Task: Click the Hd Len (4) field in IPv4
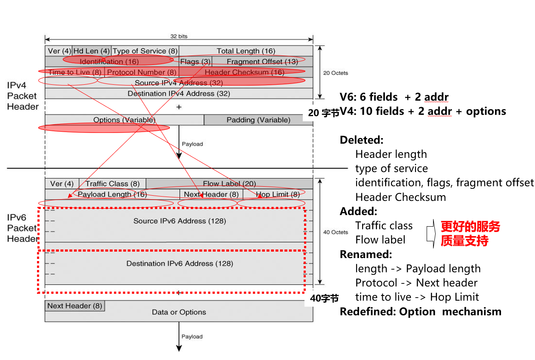92,51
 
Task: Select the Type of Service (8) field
145,51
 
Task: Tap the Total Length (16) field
246,51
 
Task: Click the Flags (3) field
195,62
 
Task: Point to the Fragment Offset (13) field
262,62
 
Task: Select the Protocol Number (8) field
141,72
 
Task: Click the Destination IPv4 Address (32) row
178,93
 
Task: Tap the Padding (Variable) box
258,120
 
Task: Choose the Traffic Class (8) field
112,184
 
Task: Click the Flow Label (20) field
229,184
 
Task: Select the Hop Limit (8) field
277,194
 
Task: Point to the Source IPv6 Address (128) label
179,221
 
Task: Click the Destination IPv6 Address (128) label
179,263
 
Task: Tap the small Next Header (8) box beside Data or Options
74,306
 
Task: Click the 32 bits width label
179,37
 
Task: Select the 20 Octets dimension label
335,73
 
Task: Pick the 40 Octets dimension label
335,232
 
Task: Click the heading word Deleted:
361,140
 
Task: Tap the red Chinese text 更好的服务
470,226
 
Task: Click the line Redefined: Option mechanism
420,311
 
